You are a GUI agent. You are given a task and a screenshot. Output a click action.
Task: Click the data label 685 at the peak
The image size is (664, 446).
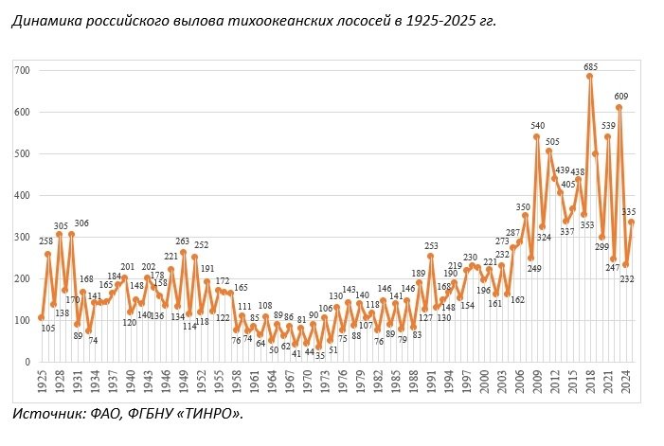[590, 67]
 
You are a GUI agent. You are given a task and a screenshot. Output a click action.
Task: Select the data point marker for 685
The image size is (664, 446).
[589, 77]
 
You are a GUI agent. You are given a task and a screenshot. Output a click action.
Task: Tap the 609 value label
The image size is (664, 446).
[621, 97]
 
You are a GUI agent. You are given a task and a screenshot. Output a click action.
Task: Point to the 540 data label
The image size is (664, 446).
[537, 126]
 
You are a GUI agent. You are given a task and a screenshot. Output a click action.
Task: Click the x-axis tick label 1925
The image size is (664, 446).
[42, 382]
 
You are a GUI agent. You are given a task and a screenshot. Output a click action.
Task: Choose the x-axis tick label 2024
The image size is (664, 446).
[626, 382]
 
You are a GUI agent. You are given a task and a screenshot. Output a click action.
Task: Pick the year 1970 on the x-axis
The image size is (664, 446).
[308, 382]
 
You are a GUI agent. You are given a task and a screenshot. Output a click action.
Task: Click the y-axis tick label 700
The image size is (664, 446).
[22, 70]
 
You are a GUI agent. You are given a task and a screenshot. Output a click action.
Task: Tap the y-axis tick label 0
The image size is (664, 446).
[27, 362]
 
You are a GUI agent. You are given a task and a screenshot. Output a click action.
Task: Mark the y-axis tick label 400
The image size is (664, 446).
[22, 195]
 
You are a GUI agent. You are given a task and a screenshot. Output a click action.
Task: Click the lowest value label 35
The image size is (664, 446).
[320, 355]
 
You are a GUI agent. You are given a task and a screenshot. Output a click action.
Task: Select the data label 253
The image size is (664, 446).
[431, 246]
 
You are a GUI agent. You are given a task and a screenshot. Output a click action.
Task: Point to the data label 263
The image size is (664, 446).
[182, 241]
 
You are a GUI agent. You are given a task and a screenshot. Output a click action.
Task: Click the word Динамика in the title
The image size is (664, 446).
[46, 20]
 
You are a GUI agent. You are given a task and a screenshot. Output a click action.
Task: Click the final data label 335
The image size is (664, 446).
[628, 211]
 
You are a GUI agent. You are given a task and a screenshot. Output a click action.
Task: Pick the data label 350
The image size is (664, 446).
[523, 207]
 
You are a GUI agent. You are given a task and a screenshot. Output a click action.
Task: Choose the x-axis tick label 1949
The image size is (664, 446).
[184, 382]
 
